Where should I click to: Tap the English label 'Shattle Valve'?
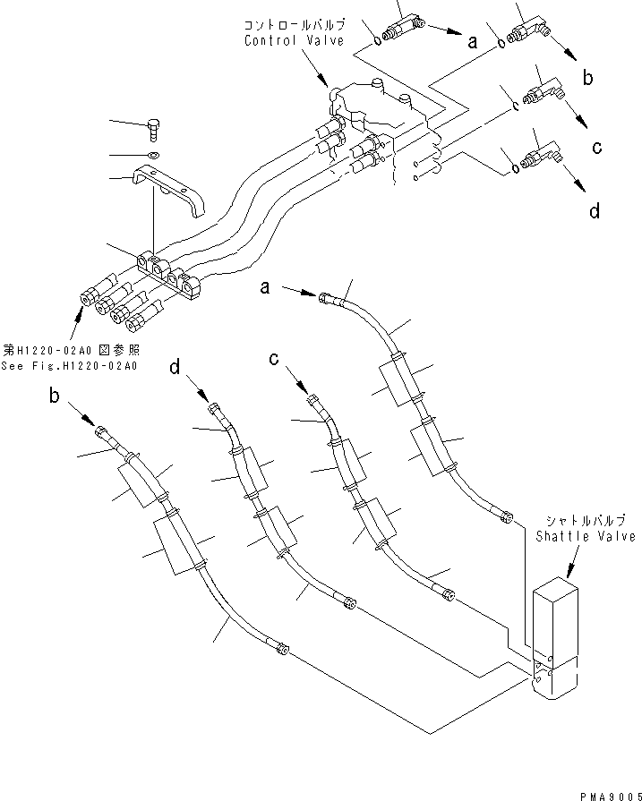[x=586, y=536]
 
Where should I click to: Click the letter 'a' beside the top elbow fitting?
[x=471, y=38]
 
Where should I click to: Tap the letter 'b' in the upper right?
[x=587, y=79]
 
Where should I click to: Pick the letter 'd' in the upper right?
[x=594, y=211]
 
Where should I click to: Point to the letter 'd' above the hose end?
[x=175, y=366]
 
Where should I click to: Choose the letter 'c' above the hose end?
[x=277, y=359]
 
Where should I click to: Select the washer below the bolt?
[x=155, y=155]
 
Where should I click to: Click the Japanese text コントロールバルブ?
[x=295, y=25]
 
